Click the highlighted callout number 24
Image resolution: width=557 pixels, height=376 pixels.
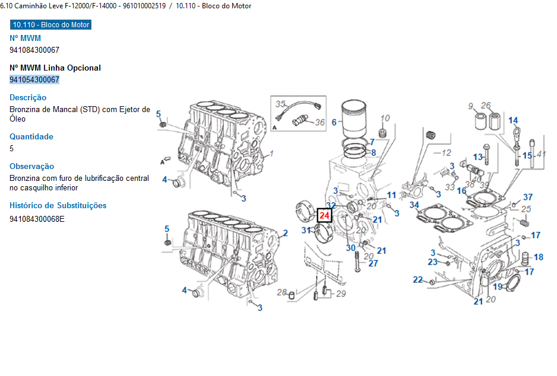(x=325, y=216)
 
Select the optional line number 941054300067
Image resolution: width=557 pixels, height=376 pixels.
(x=34, y=79)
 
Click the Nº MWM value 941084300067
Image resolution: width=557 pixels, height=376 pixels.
(x=34, y=50)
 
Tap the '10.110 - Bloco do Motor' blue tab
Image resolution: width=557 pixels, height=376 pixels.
(x=50, y=25)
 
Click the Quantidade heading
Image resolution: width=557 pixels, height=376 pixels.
(x=31, y=136)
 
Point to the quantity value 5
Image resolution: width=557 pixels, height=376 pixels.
(x=12, y=148)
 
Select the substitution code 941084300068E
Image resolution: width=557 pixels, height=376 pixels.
(x=37, y=219)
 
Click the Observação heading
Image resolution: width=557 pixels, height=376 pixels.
(x=32, y=166)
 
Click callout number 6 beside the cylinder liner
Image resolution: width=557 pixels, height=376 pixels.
(x=334, y=123)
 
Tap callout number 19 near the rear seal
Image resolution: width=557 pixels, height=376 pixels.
(x=498, y=287)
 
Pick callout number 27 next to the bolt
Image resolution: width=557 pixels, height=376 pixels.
(x=373, y=263)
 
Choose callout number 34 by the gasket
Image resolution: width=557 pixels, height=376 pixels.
(x=414, y=205)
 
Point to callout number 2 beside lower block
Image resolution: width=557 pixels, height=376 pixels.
(x=285, y=233)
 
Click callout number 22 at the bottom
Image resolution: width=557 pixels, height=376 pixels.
(x=418, y=280)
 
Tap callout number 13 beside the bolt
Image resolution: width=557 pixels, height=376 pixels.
(x=478, y=157)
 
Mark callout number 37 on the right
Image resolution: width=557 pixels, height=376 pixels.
(x=528, y=197)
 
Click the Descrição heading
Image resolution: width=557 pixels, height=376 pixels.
(x=28, y=97)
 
